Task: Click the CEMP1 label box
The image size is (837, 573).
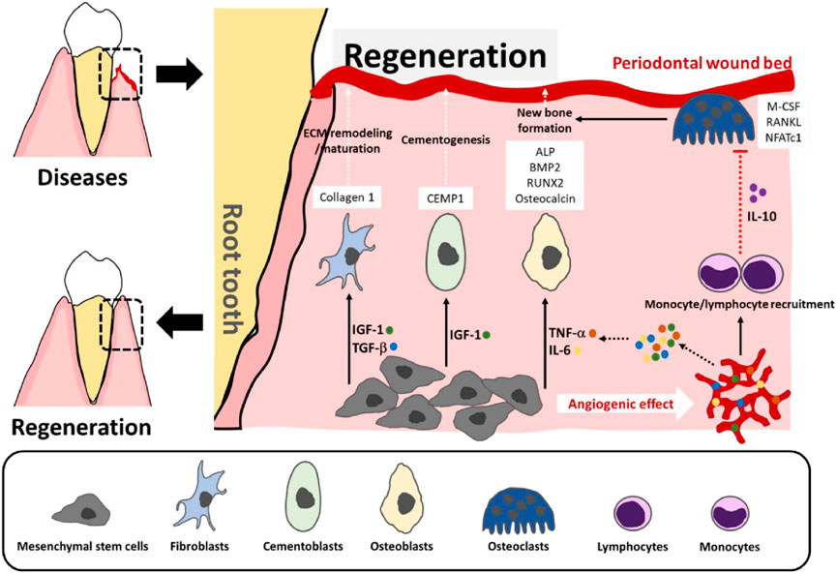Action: [x=445, y=198]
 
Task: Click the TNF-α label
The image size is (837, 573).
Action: [x=569, y=335]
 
